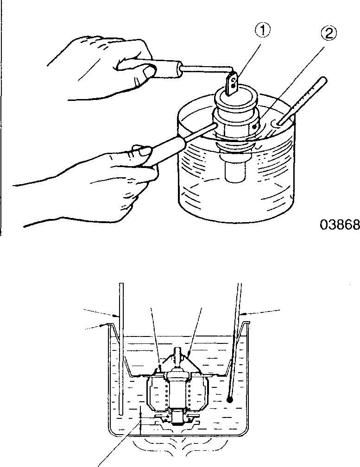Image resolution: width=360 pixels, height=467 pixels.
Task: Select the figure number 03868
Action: pos(340,224)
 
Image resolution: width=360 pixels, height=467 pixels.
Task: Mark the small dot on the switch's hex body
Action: pos(254,126)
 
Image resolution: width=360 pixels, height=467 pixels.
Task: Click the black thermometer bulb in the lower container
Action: pos(229,399)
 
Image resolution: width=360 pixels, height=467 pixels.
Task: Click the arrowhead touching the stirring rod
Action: pos(116,316)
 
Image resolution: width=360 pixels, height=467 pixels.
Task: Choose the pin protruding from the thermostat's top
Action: pos(177,354)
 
